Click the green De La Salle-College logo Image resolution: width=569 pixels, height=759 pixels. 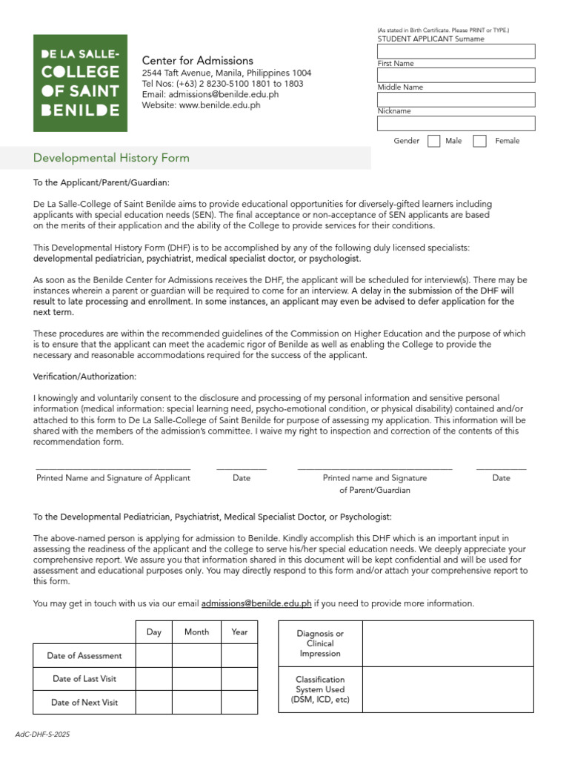coord(80,83)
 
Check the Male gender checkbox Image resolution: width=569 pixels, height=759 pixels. coord(434,141)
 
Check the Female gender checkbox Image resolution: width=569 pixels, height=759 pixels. coord(480,141)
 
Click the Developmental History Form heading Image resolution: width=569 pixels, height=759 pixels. coord(111,158)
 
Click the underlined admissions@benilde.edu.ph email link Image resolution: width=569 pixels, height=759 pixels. coord(256,603)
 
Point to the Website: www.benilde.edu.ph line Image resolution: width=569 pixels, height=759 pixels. coord(201,105)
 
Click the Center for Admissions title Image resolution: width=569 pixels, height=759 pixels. coord(197,61)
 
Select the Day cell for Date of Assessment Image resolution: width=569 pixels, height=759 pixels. coord(153,655)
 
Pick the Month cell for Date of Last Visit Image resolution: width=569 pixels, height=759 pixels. coord(196,679)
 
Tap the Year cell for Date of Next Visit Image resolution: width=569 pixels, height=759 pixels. coord(239,702)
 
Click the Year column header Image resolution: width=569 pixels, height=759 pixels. coord(239,632)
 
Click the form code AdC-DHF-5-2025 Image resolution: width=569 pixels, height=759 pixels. coord(43,735)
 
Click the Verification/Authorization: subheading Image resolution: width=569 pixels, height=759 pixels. coord(85,377)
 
